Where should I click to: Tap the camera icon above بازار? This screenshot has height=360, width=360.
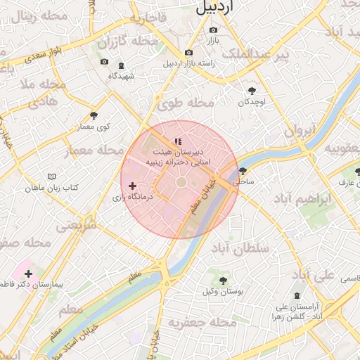[213, 30]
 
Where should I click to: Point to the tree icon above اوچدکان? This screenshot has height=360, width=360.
[252, 90]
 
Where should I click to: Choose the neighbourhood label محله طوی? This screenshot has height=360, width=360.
[186, 103]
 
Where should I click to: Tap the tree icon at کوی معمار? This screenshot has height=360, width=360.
[94, 115]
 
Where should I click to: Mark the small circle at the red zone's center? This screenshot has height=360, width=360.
[181, 182]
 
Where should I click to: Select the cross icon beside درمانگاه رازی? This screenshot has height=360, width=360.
[132, 186]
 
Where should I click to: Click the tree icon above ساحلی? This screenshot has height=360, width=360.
[243, 171]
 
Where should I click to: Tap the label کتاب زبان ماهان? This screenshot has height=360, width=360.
[51, 188]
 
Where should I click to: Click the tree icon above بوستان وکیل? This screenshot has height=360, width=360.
[223, 281]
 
